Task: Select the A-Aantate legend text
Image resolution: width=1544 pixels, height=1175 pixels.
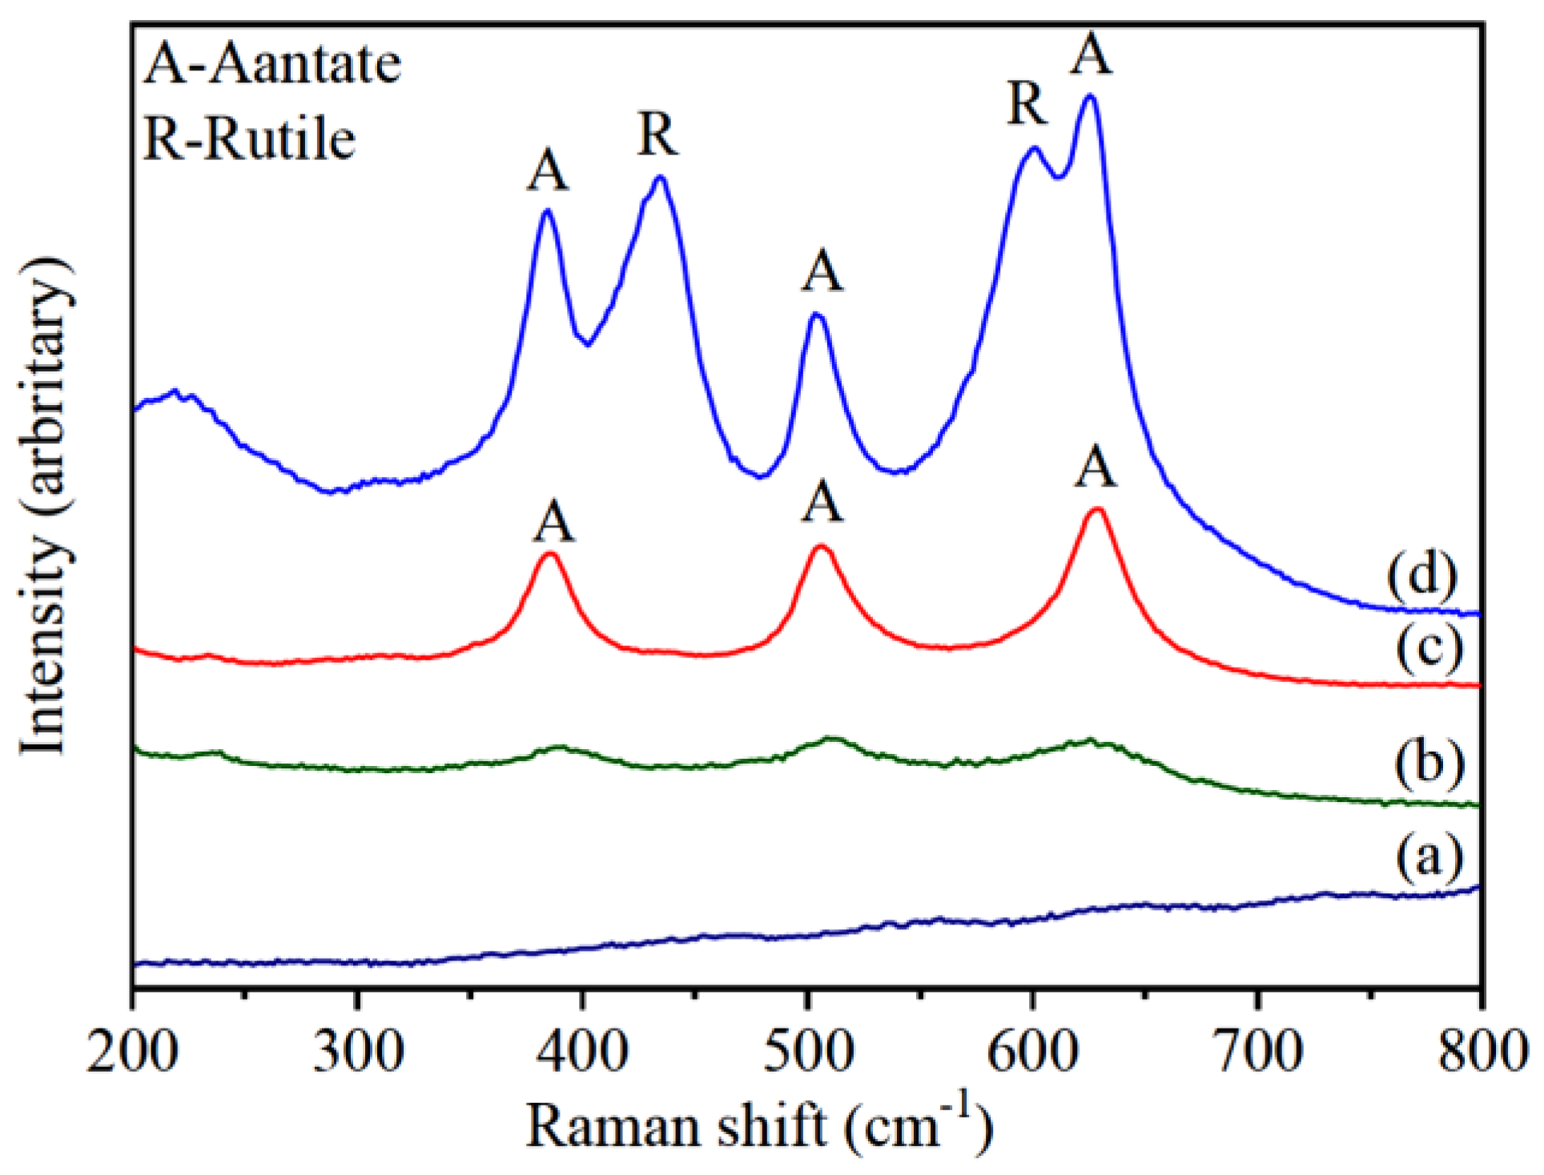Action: (x=272, y=65)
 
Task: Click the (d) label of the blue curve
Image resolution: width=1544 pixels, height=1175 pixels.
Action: (x=1421, y=575)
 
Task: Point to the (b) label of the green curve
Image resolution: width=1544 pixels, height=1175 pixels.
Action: (x=1429, y=762)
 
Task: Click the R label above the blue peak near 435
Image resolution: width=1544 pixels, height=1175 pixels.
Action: (x=658, y=134)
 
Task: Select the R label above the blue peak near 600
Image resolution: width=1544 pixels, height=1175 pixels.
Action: (x=1027, y=104)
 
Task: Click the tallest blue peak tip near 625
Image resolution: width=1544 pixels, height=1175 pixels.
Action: (x=1089, y=97)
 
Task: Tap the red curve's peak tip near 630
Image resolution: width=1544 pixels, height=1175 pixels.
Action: (x=1097, y=509)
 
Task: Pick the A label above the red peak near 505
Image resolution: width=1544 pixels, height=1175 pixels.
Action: (x=822, y=503)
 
